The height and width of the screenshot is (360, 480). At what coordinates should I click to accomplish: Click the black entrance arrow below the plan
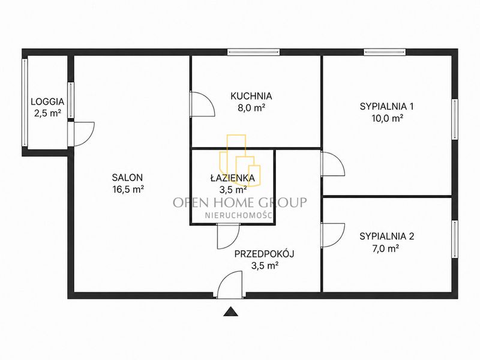click(x=230, y=311)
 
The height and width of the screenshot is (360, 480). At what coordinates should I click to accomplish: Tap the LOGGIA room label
click(x=47, y=101)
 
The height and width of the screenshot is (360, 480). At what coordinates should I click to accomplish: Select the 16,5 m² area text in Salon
click(x=128, y=189)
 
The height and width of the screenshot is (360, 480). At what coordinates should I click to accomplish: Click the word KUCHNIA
click(x=251, y=96)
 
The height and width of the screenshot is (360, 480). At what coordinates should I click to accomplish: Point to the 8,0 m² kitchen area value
click(x=251, y=108)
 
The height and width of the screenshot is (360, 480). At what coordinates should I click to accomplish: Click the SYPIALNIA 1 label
click(x=386, y=107)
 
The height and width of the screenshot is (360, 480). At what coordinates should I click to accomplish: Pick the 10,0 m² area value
click(x=387, y=118)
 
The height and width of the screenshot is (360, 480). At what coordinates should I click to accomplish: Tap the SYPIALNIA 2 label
click(x=386, y=236)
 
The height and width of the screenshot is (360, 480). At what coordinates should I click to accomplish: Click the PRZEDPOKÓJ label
click(x=265, y=254)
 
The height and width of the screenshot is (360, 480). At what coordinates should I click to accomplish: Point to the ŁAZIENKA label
click(x=233, y=178)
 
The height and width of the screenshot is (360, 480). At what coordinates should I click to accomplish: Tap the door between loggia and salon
click(x=81, y=134)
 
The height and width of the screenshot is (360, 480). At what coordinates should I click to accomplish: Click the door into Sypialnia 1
click(x=333, y=163)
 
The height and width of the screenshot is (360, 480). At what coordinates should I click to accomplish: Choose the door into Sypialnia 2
click(x=333, y=235)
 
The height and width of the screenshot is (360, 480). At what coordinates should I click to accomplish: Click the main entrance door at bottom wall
click(x=230, y=284)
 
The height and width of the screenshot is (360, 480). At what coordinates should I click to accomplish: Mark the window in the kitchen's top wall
click(x=253, y=52)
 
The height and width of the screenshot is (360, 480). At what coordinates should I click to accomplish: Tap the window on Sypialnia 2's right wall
click(x=455, y=239)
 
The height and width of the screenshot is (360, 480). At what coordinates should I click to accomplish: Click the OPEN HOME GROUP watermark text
click(x=240, y=202)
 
